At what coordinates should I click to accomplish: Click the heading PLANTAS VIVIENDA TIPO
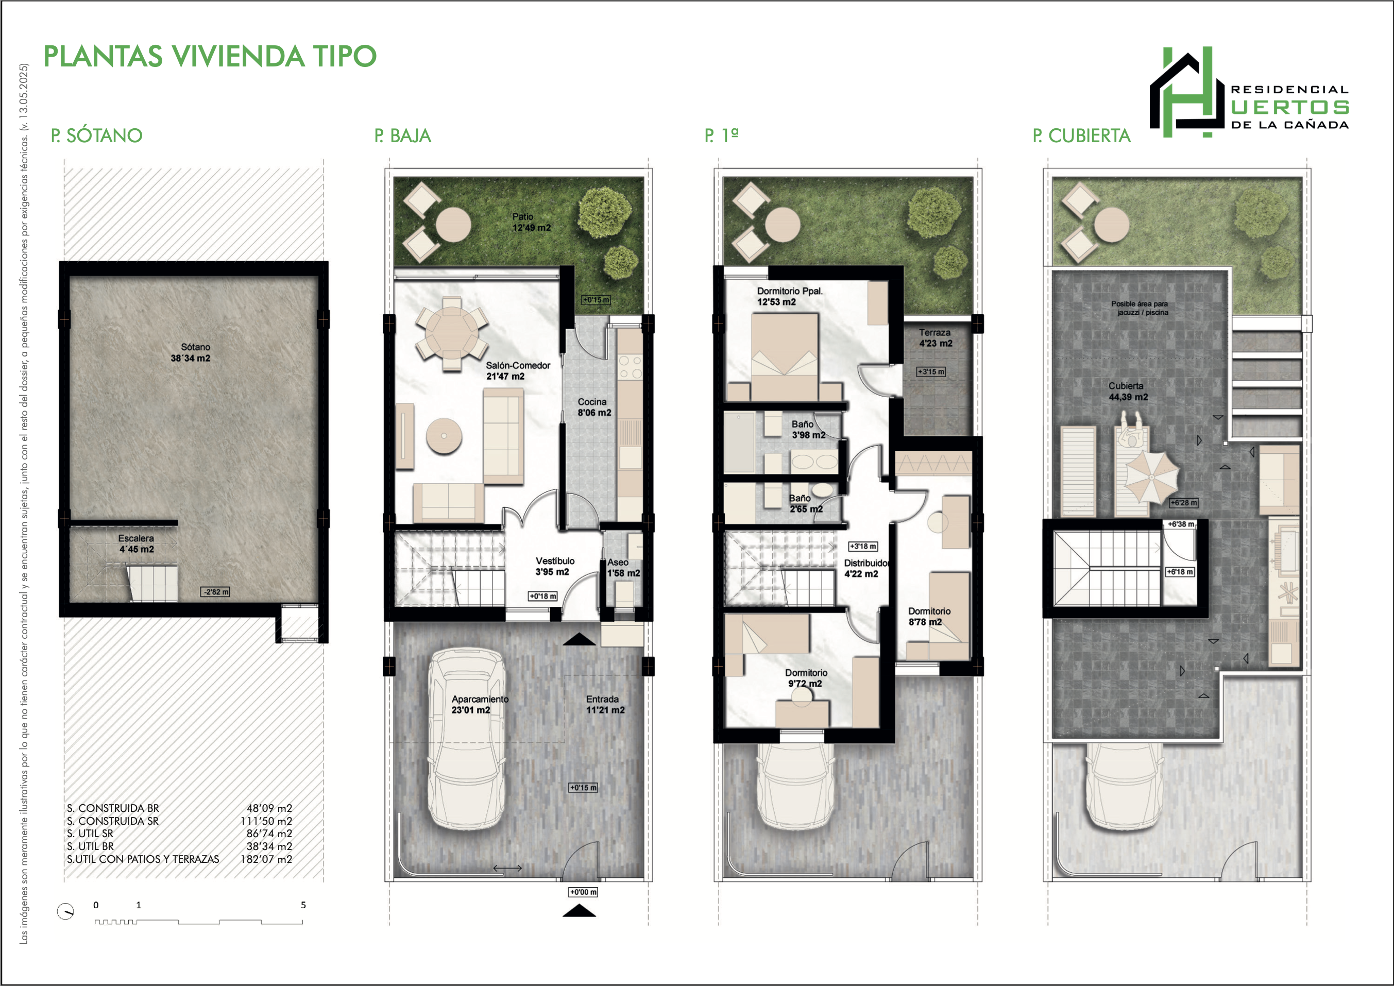coord(210,57)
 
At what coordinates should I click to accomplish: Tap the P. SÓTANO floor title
coord(96,135)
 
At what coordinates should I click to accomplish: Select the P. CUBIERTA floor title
coord(1081,135)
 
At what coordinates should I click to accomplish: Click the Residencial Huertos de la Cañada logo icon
coord(1187,92)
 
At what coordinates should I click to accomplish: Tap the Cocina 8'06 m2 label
coord(594,407)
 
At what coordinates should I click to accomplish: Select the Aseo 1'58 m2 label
coord(623,568)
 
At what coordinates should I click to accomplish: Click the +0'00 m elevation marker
coord(583,892)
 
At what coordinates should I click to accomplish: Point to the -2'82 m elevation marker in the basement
coord(215,592)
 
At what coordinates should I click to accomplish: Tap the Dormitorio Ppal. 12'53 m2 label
coord(789,296)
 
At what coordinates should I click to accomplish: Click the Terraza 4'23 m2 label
coord(936,338)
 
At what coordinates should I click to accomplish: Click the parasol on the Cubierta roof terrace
coord(1152,477)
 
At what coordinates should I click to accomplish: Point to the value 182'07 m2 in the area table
coord(266,859)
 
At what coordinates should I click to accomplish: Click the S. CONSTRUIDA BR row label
coord(113,808)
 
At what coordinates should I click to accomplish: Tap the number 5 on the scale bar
coord(303,905)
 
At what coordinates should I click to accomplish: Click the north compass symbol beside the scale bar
coord(65,911)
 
